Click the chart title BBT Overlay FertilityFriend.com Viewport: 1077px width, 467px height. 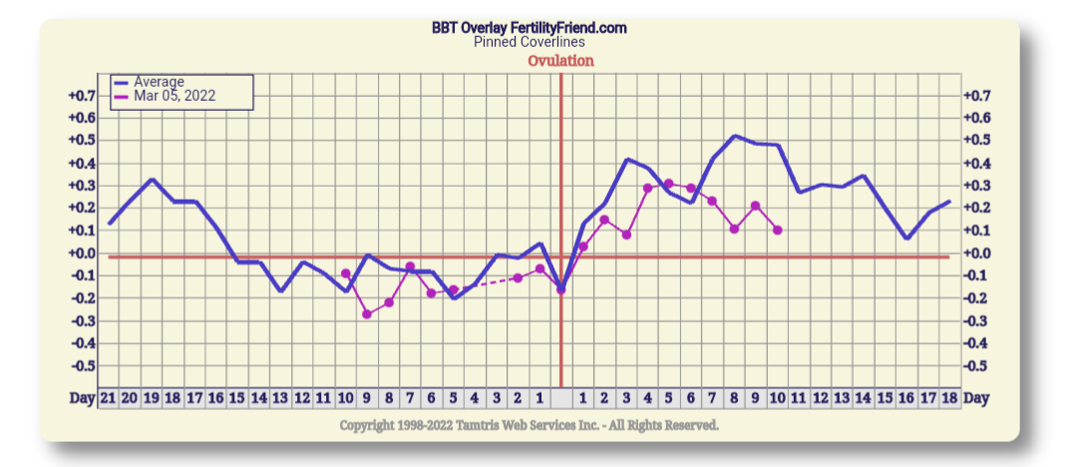tap(529, 28)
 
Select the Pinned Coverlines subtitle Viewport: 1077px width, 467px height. tap(529, 42)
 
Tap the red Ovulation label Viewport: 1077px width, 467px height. tap(560, 61)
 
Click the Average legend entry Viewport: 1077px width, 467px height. tap(159, 82)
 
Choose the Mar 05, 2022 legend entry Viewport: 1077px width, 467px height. tap(174, 97)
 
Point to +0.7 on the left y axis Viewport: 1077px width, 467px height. tap(81, 96)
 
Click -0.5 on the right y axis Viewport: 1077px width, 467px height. tap(981, 365)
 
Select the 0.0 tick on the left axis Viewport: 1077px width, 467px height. tap(81, 253)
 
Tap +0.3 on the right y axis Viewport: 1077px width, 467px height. tap(981, 186)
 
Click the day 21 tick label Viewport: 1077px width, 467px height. tap(109, 398)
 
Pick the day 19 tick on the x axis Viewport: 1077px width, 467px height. tap(151, 398)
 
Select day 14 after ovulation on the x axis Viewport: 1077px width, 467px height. tap(864, 398)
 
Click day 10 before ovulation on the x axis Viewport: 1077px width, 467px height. tap(345, 398)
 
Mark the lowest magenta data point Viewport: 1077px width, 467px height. tap(367, 314)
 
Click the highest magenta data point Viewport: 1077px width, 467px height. tap(668, 184)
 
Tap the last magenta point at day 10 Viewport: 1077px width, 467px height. tap(778, 231)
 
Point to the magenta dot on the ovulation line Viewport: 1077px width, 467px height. tap(560, 290)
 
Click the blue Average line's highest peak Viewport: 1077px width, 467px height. tap(734, 136)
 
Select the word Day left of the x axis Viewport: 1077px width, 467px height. tap(83, 398)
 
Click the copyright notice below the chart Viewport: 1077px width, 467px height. tap(529, 425)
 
